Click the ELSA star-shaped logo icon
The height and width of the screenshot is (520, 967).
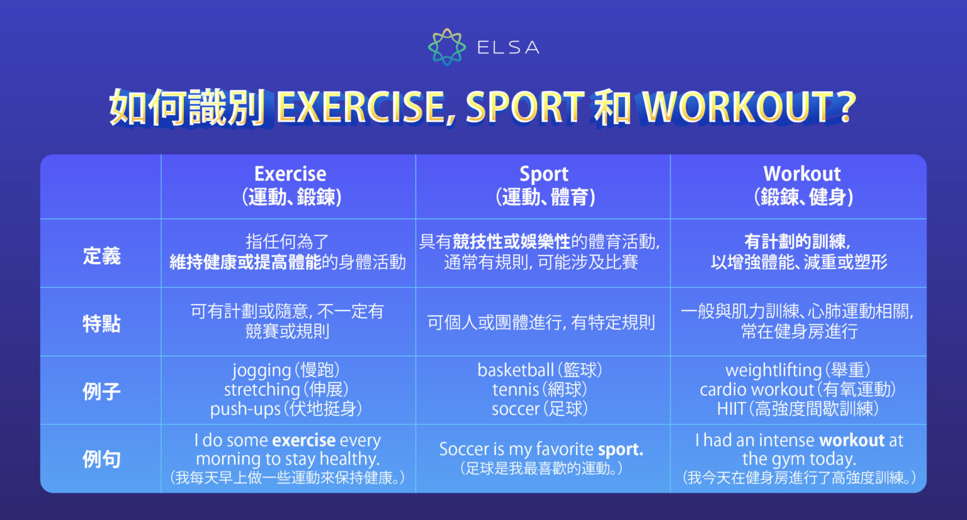tap(447, 47)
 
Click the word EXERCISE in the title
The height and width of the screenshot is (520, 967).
tap(361, 107)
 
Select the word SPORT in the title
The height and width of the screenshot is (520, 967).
tap(525, 107)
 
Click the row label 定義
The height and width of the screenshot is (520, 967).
tap(101, 256)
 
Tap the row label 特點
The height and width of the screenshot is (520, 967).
tap(101, 324)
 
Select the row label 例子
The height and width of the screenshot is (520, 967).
tap(101, 392)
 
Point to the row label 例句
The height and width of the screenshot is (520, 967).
tap(101, 459)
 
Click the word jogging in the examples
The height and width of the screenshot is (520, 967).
tap(261, 370)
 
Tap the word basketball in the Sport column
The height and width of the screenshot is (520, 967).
tap(516, 370)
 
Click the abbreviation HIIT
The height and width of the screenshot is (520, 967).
tap(730, 409)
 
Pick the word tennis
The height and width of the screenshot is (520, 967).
tap(516, 390)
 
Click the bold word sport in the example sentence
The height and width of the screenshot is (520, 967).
tap(620, 449)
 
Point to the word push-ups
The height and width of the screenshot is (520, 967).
tap(245, 409)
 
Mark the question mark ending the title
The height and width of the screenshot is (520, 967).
tap(847, 107)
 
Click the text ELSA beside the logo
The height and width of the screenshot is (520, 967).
tap(507, 48)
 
